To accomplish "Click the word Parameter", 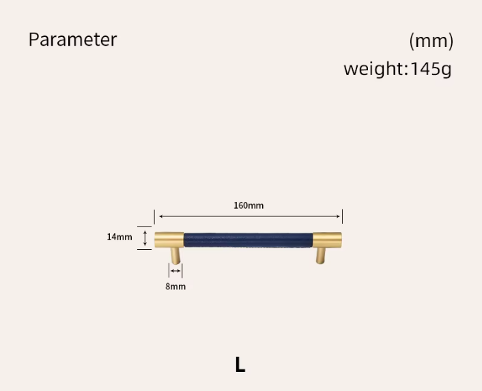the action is pos(72,40).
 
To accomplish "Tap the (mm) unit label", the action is pos(431,41).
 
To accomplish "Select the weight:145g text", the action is pos(397,69).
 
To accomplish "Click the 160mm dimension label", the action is pos(249,205).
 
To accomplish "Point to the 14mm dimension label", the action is pos(119,237).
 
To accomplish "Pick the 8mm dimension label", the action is pos(175,287).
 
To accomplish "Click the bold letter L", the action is pos(240,364).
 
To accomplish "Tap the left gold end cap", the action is pos(169,240).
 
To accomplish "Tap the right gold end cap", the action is pos(328,240).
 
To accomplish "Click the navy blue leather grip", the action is pos(249,240).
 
